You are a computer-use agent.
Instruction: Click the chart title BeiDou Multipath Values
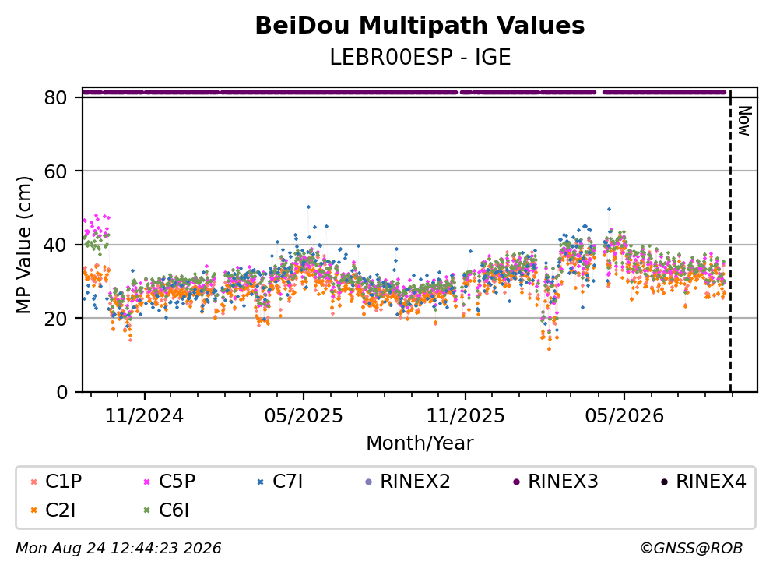click(420, 26)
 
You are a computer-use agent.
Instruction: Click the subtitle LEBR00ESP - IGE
click(420, 57)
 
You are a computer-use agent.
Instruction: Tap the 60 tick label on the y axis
click(55, 171)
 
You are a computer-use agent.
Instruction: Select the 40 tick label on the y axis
click(55, 245)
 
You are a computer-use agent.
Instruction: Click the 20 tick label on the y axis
click(55, 318)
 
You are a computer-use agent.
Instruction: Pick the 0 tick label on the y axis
click(61, 392)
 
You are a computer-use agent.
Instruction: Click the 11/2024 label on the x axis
click(145, 416)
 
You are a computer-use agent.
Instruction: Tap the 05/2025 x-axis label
click(304, 416)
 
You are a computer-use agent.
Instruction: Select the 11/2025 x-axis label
click(466, 416)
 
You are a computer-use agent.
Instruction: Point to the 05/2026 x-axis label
click(624, 416)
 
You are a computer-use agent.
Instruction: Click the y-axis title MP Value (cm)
click(23, 245)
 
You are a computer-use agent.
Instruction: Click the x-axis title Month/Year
click(420, 443)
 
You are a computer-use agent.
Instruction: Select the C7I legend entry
click(280, 481)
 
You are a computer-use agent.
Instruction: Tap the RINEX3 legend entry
click(556, 481)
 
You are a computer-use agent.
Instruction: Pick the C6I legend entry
click(166, 510)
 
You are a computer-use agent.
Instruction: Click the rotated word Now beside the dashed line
click(744, 121)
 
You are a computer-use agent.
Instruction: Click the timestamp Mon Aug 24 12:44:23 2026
click(119, 549)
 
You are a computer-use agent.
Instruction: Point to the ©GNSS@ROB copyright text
click(691, 549)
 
